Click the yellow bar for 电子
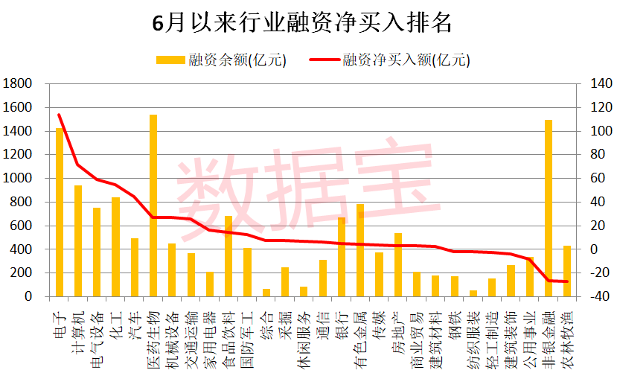point(60,212)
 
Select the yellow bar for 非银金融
point(549,208)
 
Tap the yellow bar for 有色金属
point(360,250)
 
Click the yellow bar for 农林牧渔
point(567,271)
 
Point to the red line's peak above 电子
point(60,115)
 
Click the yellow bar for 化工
point(116,246)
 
